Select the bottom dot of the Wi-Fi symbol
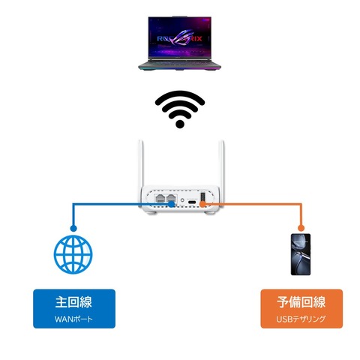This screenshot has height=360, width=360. coord(180,124)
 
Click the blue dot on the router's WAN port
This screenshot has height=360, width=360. coord(172,202)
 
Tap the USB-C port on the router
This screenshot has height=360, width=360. coord(192,202)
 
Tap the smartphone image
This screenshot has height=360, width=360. coord(300,253)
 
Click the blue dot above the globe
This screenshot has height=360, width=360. coord(73,227)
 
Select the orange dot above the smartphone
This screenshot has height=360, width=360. coord(300,227)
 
